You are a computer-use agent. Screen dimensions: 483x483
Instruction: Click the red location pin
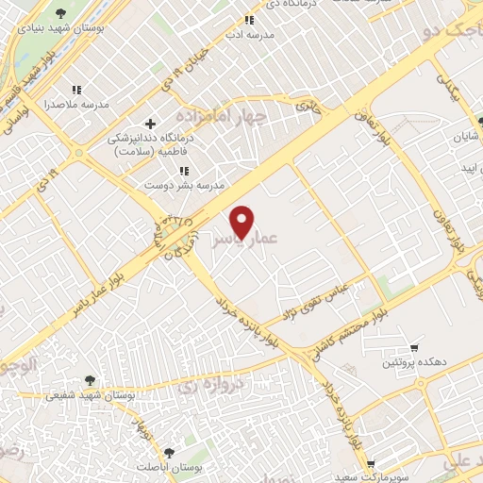pyautogui.click(x=242, y=222)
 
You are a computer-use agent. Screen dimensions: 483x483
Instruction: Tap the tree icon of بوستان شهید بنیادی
pyautogui.click(x=61, y=13)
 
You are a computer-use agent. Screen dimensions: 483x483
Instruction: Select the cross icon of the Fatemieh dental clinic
pyautogui.click(x=150, y=124)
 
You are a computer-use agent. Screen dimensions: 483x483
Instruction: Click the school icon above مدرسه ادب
pyautogui.click(x=249, y=20)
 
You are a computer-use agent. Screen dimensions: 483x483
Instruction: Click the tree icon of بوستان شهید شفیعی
pyautogui.click(x=91, y=380)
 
